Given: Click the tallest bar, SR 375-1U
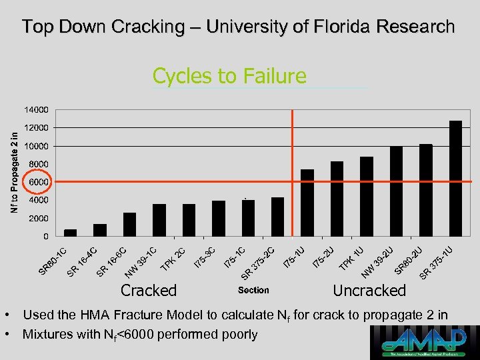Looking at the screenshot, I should click(455, 179).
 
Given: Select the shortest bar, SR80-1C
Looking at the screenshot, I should click(70, 233).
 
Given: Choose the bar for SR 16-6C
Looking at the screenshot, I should click(129, 225).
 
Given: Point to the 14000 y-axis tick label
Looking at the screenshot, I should click(37, 109).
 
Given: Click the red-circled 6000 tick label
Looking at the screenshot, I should click(37, 181).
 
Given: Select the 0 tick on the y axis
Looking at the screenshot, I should click(45, 236).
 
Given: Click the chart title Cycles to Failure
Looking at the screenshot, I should click(229, 76).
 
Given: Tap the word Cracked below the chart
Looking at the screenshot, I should click(149, 290).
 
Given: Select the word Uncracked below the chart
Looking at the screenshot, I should click(369, 290).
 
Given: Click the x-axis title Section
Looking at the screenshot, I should click(253, 290).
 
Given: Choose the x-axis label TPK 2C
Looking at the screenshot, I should click(173, 260).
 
